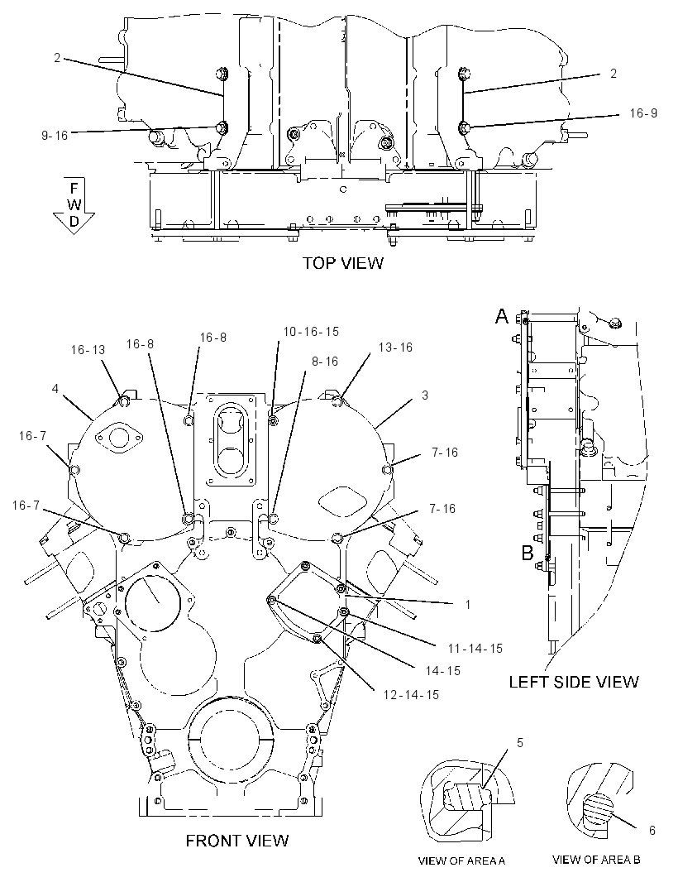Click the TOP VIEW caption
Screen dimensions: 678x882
coord(343,262)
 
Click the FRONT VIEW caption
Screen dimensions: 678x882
coord(237,841)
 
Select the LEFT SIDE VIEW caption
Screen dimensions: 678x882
coord(574,683)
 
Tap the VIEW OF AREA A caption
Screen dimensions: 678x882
coord(461,860)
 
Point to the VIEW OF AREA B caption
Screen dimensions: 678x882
coord(596,860)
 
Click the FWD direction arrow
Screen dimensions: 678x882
coord(74,204)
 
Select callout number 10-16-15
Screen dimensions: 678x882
coord(311,332)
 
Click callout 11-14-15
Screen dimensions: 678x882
coord(475,649)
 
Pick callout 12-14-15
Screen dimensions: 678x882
coord(411,695)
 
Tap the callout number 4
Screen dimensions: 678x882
coord(55,389)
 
